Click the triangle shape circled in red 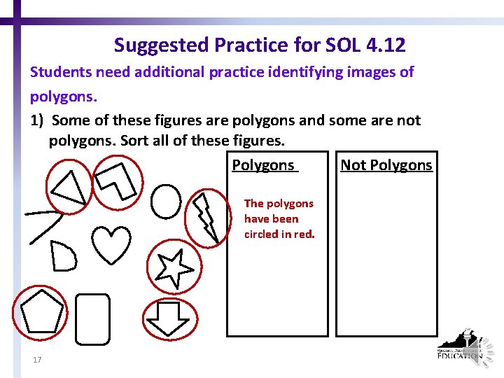[71, 186]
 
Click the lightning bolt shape [206, 214]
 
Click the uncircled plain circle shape [166, 202]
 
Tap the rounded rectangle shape [92, 319]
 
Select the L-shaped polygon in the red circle [119, 180]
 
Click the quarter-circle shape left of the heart [64, 256]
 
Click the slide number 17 [37, 360]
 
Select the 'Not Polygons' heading [386, 165]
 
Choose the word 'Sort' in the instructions [135, 140]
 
